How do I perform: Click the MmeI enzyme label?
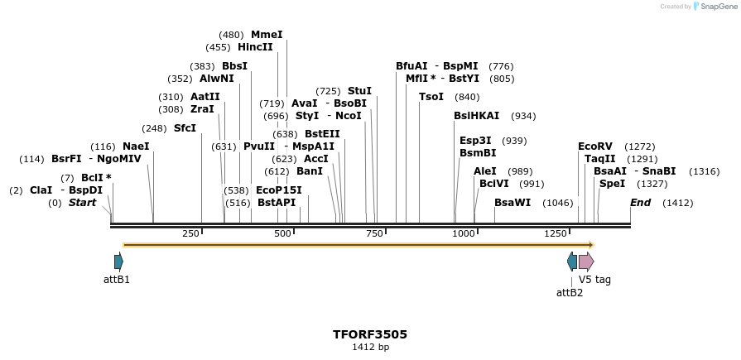click(x=267, y=35)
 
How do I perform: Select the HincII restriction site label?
click(x=255, y=47)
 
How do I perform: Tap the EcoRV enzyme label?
click(x=595, y=146)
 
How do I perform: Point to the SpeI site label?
click(x=612, y=184)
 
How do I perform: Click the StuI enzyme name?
click(x=359, y=91)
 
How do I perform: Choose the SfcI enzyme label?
click(x=185, y=128)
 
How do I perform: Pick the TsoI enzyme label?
click(x=431, y=97)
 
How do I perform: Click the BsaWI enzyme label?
click(x=512, y=203)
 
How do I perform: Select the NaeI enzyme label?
click(x=136, y=146)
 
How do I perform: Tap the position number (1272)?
click(x=639, y=146)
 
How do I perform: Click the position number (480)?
click(x=231, y=35)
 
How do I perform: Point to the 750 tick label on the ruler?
click(x=374, y=234)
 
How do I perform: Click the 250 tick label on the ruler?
click(x=190, y=234)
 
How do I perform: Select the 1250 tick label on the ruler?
click(x=555, y=234)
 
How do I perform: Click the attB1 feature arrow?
click(x=118, y=262)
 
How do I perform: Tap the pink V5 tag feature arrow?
click(x=585, y=262)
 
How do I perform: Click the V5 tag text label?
click(x=594, y=280)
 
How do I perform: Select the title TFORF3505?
click(x=370, y=334)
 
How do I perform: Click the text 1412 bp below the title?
click(x=370, y=348)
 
